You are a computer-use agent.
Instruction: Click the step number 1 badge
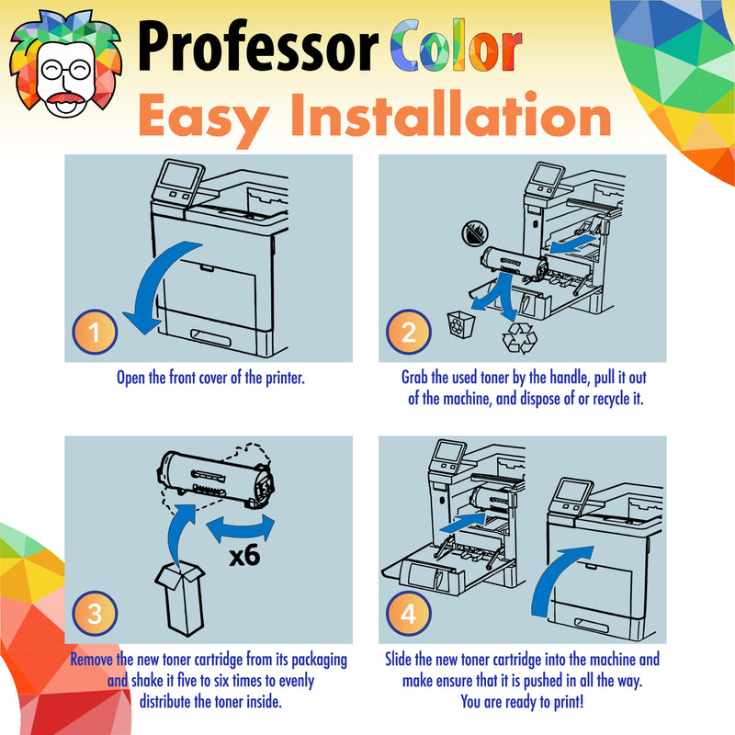point(95,332)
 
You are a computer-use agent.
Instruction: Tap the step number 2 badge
point(408,332)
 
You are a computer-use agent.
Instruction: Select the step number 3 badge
point(95,613)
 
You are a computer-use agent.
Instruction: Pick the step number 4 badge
point(408,613)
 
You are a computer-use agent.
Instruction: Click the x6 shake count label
point(244,556)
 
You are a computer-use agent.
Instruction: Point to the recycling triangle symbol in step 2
point(519,337)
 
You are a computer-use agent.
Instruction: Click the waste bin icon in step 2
point(461,324)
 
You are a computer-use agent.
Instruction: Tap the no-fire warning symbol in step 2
point(475,233)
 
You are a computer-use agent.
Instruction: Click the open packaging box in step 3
point(181,598)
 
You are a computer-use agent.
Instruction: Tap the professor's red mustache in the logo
point(65,98)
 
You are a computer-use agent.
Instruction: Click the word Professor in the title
point(258,46)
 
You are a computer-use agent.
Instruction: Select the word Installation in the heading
point(451,114)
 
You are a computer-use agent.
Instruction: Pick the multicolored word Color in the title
point(456,45)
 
